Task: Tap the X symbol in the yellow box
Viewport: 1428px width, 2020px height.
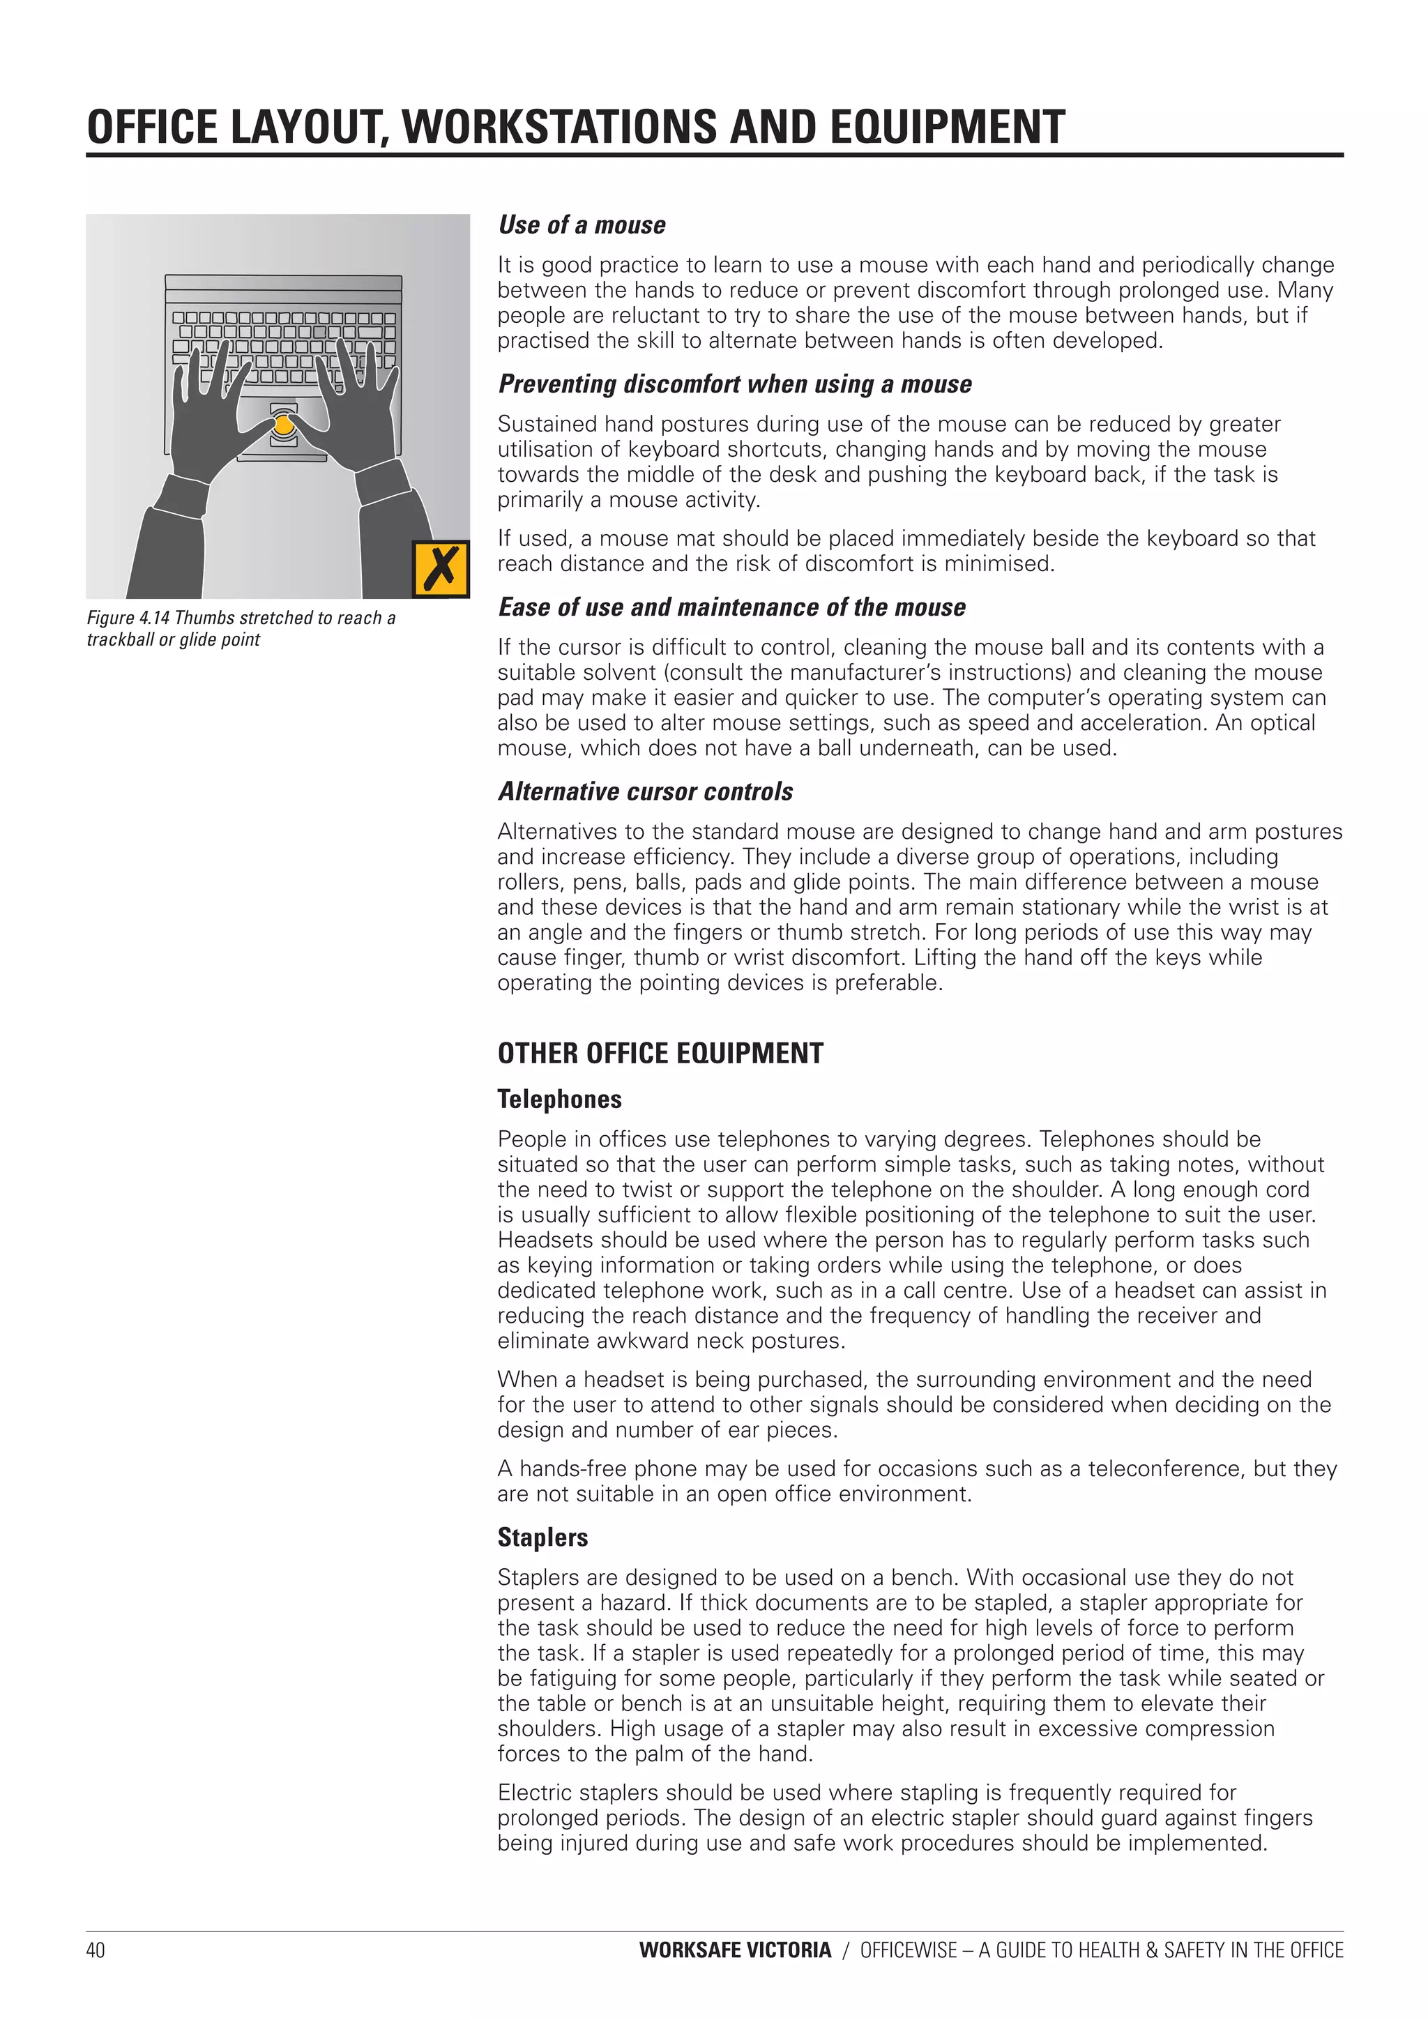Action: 441,569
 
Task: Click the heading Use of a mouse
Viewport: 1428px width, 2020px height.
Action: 582,225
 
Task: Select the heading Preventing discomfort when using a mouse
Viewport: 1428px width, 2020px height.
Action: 735,384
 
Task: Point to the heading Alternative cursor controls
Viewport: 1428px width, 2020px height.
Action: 645,792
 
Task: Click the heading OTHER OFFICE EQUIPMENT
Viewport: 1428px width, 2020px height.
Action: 660,1053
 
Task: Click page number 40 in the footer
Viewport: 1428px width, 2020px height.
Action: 95,1950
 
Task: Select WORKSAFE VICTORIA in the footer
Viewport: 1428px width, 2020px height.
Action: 735,1950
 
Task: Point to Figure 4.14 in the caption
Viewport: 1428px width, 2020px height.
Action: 128,618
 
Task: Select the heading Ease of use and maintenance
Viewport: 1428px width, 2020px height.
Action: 731,608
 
